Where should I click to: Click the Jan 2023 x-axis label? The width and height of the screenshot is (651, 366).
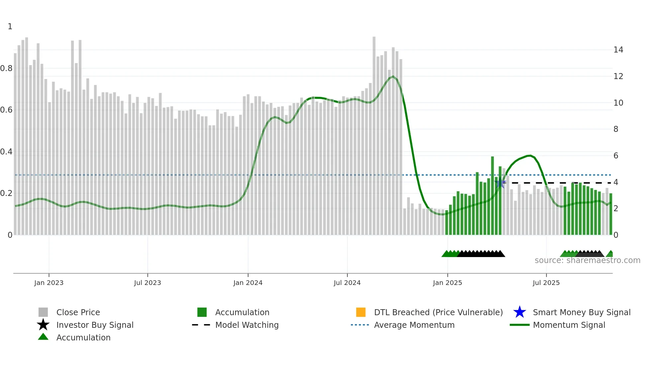[49, 283]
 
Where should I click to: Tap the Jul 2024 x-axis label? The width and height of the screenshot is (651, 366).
[347, 283]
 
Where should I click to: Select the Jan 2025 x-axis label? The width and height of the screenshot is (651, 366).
[447, 283]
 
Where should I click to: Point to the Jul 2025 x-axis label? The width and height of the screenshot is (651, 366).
[546, 283]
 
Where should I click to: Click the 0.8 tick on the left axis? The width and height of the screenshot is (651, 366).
[6, 68]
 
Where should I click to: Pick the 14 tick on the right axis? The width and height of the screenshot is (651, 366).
[618, 50]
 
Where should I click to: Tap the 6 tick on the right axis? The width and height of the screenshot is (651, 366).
[616, 156]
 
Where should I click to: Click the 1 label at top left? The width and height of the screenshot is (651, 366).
[10, 27]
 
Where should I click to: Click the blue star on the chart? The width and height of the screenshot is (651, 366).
[500, 183]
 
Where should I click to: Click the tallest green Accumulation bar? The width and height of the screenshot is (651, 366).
[493, 196]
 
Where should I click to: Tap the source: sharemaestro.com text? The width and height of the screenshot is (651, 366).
[587, 260]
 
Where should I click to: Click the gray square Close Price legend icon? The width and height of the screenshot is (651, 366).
[43, 312]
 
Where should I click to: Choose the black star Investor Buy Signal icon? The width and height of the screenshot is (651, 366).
[43, 325]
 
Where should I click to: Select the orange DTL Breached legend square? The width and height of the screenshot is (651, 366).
[361, 312]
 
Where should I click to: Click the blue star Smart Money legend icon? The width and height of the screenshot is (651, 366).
[519, 312]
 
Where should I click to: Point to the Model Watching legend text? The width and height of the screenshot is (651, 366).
[247, 325]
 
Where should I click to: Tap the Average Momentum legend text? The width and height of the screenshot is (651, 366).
[414, 325]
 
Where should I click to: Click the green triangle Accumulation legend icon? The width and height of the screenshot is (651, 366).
[43, 337]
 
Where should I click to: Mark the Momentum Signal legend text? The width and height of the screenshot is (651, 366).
[569, 325]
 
